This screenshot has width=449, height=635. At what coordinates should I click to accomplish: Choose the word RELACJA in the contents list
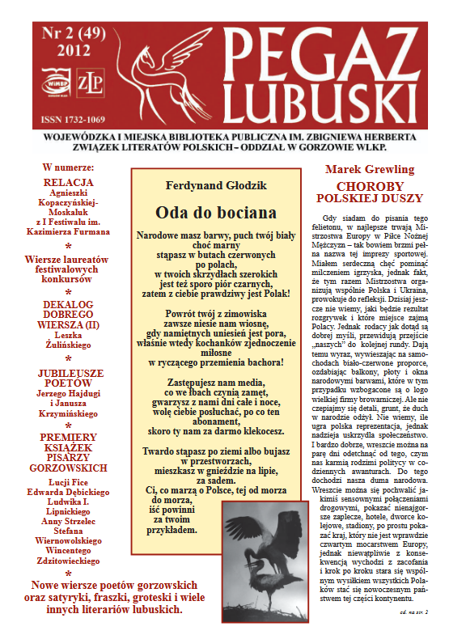click(69, 182)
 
